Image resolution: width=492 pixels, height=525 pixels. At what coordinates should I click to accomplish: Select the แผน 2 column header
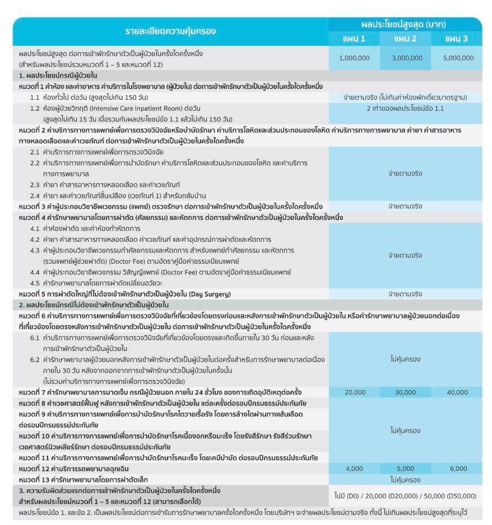405,39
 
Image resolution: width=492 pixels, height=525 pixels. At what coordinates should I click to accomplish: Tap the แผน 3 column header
456,39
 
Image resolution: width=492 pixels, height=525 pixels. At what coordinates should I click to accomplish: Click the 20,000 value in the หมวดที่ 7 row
355,392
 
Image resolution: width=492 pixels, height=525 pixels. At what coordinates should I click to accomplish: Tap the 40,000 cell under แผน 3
457,392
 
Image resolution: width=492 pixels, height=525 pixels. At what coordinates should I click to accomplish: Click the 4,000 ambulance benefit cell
355,468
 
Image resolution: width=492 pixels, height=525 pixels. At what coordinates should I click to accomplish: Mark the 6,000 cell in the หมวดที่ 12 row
458,468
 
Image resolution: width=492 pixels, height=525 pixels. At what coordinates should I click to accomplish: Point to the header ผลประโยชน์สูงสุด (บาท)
405,25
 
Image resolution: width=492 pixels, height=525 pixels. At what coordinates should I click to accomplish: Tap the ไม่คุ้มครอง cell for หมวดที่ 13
405,480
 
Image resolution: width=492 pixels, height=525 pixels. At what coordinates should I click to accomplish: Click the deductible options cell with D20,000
405,496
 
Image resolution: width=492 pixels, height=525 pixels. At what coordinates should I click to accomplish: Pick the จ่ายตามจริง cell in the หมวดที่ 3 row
405,207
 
